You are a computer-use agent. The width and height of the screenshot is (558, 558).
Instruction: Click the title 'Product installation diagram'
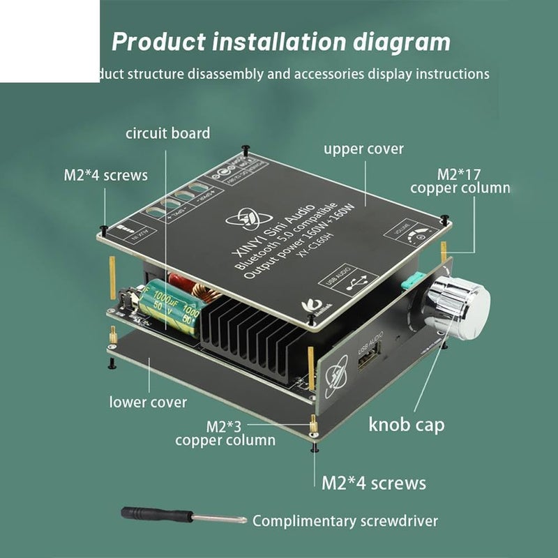[281, 42]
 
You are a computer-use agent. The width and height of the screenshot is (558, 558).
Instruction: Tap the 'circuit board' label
[167, 133]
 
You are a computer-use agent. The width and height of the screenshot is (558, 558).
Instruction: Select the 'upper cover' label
[363, 149]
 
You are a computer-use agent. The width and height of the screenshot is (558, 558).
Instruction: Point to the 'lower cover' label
[148, 402]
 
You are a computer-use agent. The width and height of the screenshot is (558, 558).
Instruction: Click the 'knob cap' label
[406, 425]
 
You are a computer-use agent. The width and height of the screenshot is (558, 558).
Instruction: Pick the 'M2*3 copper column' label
[225, 432]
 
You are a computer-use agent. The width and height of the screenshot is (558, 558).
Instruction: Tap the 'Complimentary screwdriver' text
[345, 520]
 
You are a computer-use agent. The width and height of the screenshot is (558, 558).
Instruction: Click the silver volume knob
[458, 304]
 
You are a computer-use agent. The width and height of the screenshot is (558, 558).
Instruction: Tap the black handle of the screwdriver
[150, 514]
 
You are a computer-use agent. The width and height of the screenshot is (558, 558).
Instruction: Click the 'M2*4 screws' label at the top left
[106, 175]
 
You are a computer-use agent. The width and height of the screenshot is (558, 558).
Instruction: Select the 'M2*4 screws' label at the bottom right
[373, 482]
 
